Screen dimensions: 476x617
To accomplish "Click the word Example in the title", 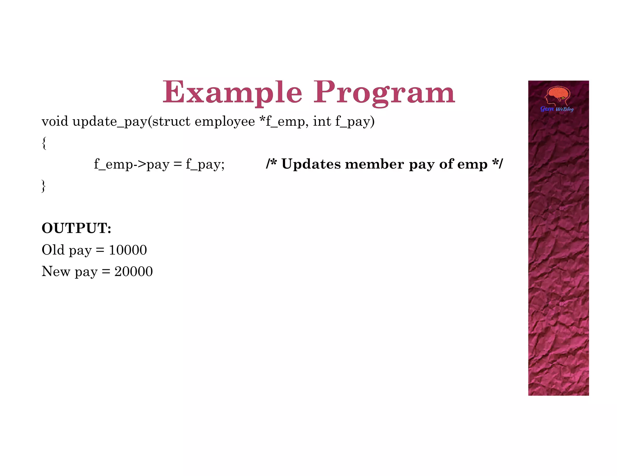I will [232, 92].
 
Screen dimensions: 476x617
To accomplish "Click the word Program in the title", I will [384, 93].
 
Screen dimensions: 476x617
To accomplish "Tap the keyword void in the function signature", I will [55, 122].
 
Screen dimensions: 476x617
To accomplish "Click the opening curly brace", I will [44, 143].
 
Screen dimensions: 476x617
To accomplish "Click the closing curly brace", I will [44, 186].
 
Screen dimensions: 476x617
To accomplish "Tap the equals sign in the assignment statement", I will [178, 165].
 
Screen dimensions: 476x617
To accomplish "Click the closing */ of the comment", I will [497, 164].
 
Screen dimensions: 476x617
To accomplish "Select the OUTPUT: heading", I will [77, 228].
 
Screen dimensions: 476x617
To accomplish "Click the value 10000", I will [128, 250].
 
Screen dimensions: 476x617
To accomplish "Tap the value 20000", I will [133, 271].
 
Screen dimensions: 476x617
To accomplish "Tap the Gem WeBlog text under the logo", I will [557, 109].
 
